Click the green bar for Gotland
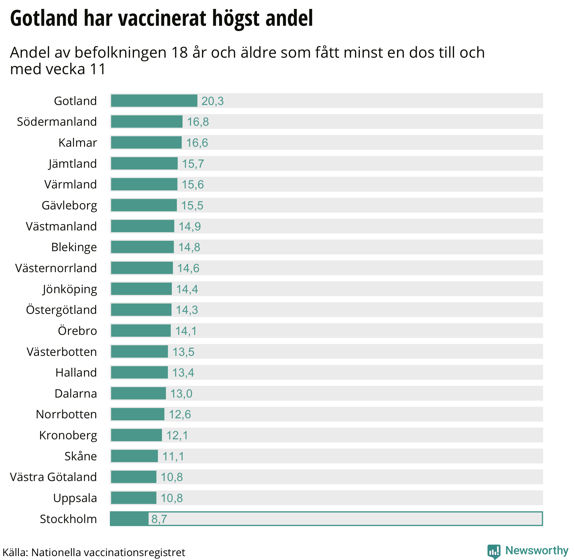coord(154,101)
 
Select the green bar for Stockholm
coord(129,519)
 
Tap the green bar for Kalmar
coord(146,143)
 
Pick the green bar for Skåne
coord(134,456)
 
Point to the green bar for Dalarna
coord(138,393)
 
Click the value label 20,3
coord(212,101)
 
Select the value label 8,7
coord(159,519)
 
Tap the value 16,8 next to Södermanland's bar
coord(198,122)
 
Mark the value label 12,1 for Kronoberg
coord(177,435)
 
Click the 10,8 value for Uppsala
coord(172,498)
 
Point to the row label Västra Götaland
coord(53,477)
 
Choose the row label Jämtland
coord(73,164)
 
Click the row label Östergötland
coord(62,310)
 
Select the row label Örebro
coord(77,331)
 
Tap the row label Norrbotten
coord(66,414)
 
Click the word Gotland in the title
coord(44,18)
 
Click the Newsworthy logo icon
coord(494,551)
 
